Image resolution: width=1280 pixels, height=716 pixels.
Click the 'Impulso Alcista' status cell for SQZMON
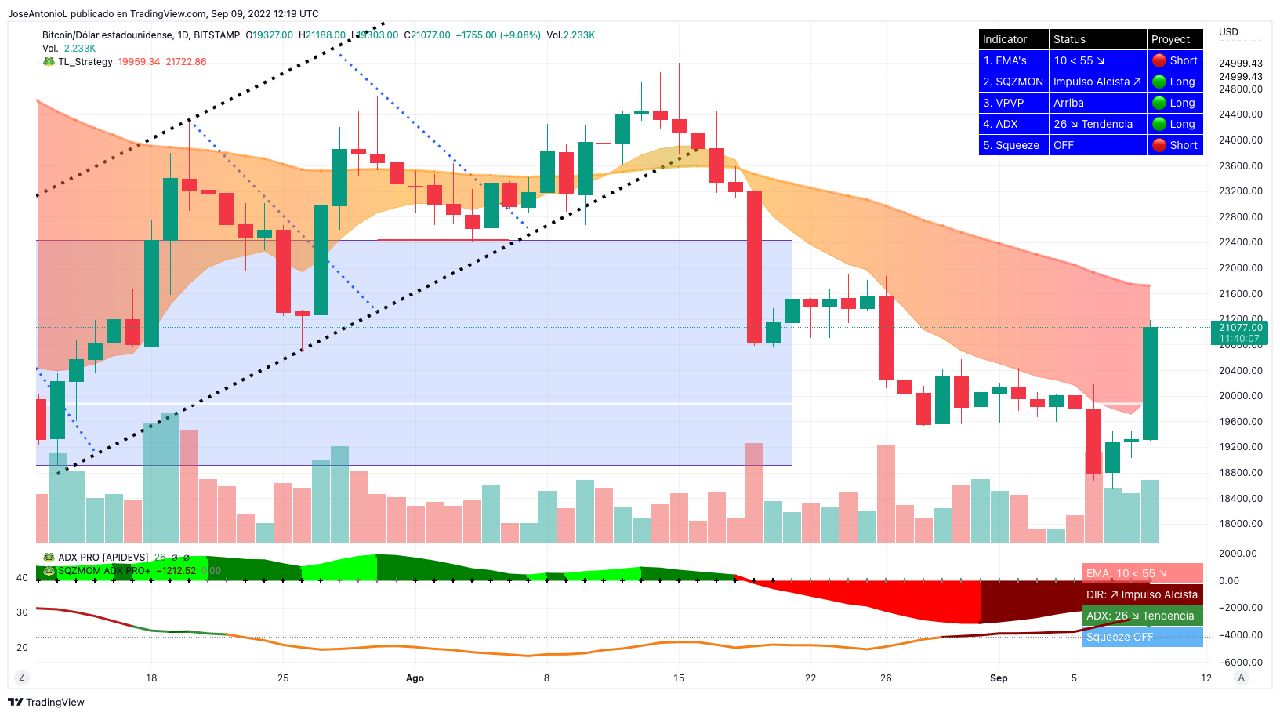[1097, 82]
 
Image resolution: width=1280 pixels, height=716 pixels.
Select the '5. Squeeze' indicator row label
[1011, 145]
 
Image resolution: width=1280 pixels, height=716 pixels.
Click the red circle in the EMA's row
[1159, 60]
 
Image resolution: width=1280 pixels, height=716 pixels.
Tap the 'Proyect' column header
[1170, 39]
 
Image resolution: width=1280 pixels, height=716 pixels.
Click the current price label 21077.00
[1240, 328]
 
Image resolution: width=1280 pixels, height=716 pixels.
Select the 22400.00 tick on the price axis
[1240, 242]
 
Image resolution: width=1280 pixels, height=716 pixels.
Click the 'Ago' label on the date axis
[415, 678]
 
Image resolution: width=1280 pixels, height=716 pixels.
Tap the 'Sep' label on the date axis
[998, 678]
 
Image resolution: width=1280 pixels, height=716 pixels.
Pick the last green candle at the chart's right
[1150, 383]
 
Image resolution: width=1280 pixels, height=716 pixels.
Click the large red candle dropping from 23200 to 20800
[754, 267]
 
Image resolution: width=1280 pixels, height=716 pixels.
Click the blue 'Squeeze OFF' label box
[1142, 637]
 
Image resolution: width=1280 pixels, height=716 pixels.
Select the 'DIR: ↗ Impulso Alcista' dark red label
[1142, 594]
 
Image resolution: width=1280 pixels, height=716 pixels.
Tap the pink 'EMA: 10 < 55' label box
[1142, 573]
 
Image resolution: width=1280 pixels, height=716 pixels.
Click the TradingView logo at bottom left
[46, 702]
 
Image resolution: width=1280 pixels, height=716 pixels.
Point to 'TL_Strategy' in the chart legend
[85, 62]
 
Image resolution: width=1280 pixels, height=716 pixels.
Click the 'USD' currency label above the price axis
[1228, 32]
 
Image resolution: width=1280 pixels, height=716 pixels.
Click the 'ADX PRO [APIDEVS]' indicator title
[103, 558]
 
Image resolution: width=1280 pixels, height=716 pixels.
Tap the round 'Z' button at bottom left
[22, 678]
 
